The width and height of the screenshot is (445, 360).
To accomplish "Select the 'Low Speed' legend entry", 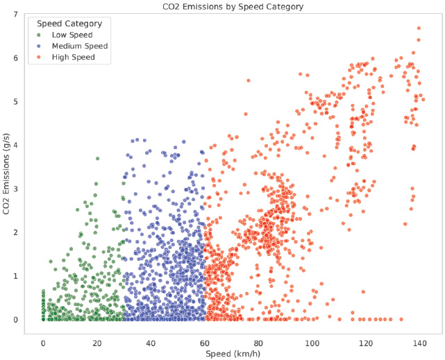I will click(72, 35).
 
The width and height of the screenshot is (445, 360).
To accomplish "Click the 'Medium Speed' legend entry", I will click(80, 46).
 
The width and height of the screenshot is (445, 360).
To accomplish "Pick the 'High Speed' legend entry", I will click(74, 57).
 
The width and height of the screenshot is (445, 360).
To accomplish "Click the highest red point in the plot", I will click(419, 28).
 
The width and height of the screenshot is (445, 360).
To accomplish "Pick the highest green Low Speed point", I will click(97, 158).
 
